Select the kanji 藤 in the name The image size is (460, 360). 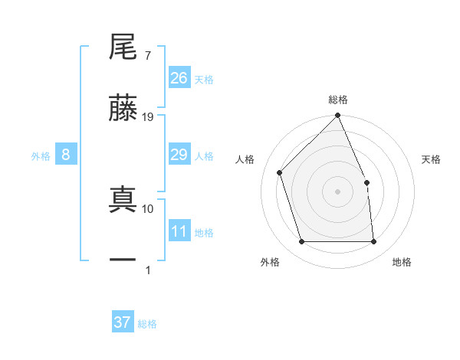123,108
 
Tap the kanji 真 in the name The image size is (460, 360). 123,198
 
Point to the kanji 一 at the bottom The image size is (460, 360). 123,260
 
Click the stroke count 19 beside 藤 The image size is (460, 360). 149,117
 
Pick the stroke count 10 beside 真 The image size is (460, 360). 149,208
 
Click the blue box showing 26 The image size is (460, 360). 179,78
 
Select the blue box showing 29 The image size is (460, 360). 179,155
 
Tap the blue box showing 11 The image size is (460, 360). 179,232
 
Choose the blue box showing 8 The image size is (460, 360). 66,155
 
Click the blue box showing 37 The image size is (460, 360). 123,322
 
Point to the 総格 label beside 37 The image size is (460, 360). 147,324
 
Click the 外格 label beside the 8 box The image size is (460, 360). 41,156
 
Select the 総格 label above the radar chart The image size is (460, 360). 338,100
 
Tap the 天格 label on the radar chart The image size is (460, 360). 432,160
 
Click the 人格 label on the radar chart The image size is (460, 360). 245,160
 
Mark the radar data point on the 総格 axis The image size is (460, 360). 338,116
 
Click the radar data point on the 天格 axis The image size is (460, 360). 366,182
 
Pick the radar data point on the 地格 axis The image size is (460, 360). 374,242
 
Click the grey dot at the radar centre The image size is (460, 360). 338,191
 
